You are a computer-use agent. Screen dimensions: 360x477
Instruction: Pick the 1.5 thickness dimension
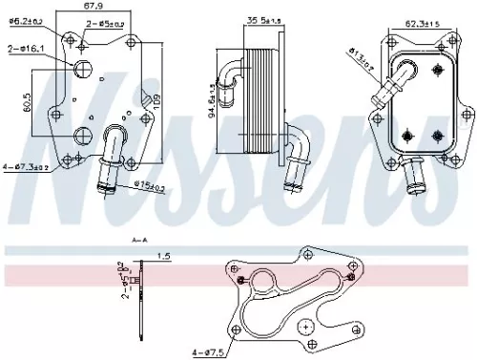[165, 256]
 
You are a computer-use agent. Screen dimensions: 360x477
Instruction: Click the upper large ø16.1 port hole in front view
[83, 69]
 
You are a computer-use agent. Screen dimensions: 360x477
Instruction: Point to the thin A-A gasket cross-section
[142, 306]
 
